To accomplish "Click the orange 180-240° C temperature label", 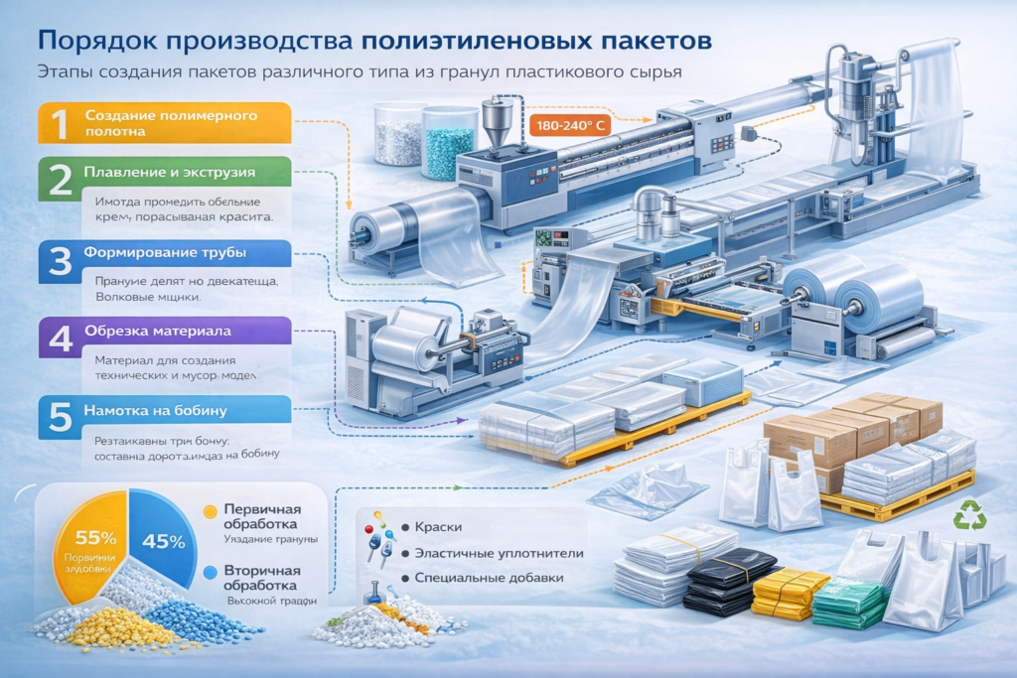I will tap(572, 126).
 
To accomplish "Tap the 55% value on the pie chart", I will tap(87, 538).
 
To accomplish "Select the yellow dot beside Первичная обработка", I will tap(210, 511).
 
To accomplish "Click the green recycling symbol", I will tap(967, 515).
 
